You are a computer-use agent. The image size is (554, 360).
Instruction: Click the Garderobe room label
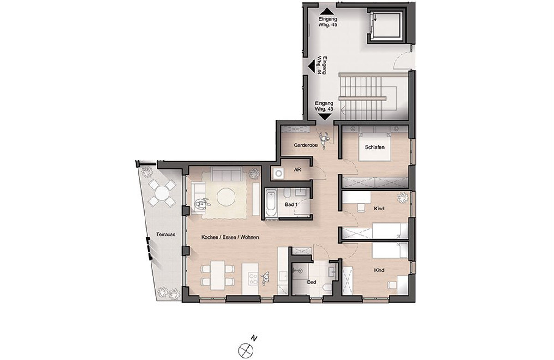[306, 145]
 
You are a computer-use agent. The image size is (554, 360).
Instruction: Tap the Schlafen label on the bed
[375, 147]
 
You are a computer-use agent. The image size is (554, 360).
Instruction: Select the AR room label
[297, 170]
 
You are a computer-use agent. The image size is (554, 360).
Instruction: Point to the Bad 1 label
[291, 204]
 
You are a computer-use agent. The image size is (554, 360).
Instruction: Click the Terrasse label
[166, 234]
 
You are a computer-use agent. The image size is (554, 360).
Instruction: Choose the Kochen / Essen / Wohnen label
[230, 237]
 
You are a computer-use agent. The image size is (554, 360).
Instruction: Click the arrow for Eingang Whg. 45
[327, 12]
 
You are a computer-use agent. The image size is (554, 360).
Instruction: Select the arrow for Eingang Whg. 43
[325, 117]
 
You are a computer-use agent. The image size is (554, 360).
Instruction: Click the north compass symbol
[246, 351]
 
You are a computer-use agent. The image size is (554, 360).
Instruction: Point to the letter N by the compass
[254, 338]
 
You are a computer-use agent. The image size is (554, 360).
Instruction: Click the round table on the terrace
[162, 193]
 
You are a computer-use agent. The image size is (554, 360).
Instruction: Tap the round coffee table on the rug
[226, 197]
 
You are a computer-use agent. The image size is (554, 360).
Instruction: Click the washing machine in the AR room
[279, 174]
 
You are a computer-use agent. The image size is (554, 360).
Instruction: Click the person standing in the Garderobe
[324, 140]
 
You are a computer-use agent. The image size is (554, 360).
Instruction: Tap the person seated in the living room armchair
[201, 204]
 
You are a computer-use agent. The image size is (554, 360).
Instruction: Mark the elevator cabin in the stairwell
[386, 26]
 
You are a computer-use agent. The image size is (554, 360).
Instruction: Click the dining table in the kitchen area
[217, 275]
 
